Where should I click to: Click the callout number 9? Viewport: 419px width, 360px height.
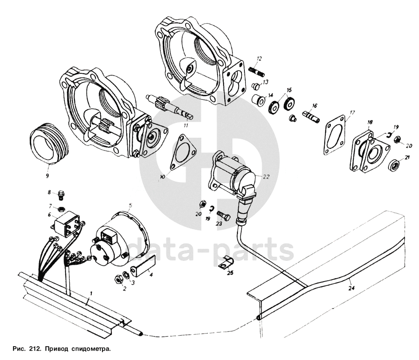pos(47,176)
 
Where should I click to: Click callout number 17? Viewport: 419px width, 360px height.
pos(352,113)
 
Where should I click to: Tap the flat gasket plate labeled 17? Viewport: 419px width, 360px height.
pos(334,135)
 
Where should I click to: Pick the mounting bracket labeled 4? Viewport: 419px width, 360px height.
pos(143,266)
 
